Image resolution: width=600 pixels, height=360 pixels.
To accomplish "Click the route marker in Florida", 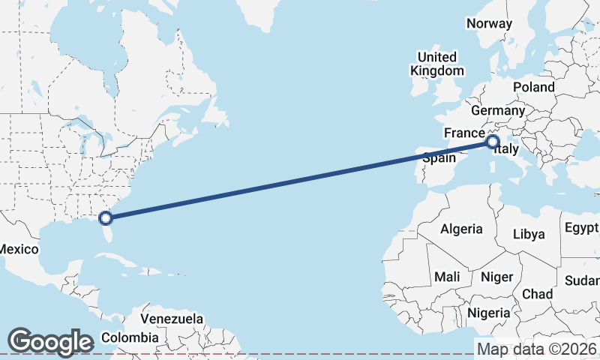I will tap(106, 218).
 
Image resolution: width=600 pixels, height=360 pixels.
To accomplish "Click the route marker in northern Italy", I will tap(493, 141).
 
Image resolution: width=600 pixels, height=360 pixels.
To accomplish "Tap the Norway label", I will tap(489, 23).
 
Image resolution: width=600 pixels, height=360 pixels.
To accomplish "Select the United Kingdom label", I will tap(436, 64).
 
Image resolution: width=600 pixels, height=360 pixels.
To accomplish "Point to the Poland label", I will tap(534, 87).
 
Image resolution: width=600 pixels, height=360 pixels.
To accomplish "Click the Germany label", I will tap(498, 111).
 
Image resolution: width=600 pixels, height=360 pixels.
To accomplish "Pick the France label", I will tap(464, 133).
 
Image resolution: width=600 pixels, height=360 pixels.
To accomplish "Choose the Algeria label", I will tap(462, 229).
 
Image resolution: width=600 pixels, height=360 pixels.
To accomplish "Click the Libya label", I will tap(529, 234).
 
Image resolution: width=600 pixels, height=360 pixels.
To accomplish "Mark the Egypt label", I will tap(582, 227).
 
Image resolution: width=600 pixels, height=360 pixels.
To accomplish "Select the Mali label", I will tap(447, 277).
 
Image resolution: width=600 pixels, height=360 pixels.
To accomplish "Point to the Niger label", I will tap(496, 277).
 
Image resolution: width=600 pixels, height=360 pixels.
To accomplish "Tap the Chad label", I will tap(538, 293).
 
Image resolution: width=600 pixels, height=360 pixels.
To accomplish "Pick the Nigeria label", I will tap(488, 313).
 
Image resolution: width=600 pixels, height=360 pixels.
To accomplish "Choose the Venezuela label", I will tap(172, 319).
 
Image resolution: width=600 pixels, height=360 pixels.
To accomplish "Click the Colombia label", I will tap(130, 337).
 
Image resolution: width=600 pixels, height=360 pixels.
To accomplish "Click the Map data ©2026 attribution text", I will tap(537, 349).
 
